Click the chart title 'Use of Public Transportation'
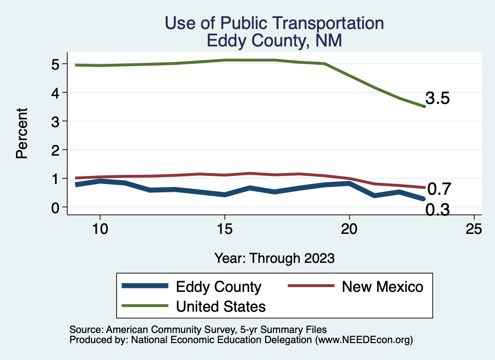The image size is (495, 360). point(274,23)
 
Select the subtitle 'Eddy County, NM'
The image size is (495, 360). point(274,40)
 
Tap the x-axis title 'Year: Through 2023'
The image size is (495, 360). point(275,258)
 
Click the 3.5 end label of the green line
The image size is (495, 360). point(438,99)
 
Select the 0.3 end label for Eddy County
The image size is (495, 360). point(438,210)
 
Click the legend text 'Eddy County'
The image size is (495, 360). point(218,287)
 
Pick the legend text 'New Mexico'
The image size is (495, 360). point(382,287)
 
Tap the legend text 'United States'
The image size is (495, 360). point(221,306)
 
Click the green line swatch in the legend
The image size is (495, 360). point(145,306)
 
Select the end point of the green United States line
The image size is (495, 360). point(424,106)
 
